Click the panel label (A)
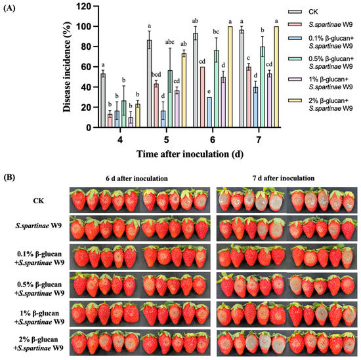pyautogui.click(x=13, y=8)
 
